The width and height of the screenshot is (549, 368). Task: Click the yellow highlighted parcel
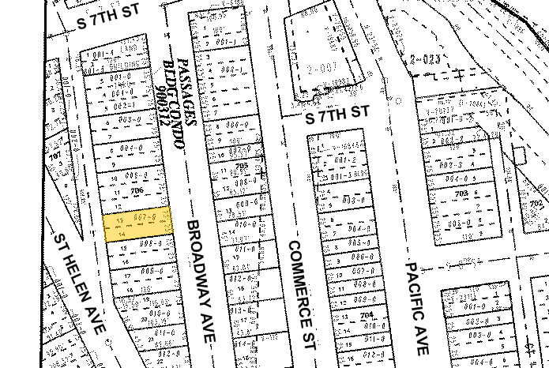tap(138, 226)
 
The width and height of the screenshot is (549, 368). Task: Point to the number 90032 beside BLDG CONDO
tap(162, 108)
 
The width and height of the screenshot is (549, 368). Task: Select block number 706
tap(136, 190)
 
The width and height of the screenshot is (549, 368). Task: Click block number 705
tap(241, 166)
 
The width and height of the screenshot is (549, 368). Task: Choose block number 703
tap(461, 192)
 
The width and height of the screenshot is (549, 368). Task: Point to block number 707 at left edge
tap(55, 156)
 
